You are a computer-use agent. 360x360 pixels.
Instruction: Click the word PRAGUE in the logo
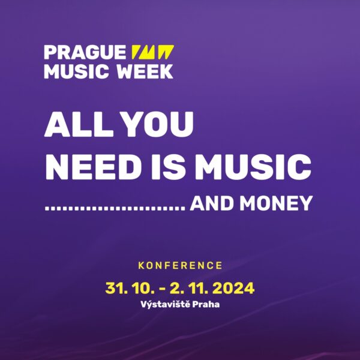click(85, 52)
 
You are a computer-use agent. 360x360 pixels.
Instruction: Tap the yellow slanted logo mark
click(152, 52)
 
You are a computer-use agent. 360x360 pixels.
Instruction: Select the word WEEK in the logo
click(145, 71)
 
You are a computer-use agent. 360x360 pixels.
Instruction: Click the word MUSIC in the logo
click(76, 71)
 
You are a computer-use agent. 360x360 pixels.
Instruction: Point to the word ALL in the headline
click(79, 124)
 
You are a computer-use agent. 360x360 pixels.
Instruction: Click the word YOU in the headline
click(157, 124)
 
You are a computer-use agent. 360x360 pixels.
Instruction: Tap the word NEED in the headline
click(94, 167)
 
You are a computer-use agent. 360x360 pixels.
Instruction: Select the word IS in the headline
click(168, 167)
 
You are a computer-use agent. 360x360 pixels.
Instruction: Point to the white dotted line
click(115, 208)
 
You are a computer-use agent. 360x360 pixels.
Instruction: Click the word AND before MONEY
click(212, 203)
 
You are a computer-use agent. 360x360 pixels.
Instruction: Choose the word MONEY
click(276, 203)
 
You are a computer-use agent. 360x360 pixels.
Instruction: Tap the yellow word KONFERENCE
click(180, 265)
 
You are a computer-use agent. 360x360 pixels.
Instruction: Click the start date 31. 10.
click(130, 288)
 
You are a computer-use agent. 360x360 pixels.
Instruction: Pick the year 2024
click(233, 288)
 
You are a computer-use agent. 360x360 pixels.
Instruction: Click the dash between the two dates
click(162, 289)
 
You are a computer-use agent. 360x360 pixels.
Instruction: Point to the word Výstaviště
click(166, 304)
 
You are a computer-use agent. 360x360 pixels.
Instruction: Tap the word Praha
click(206, 304)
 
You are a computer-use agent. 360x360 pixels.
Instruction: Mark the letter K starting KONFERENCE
click(141, 265)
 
